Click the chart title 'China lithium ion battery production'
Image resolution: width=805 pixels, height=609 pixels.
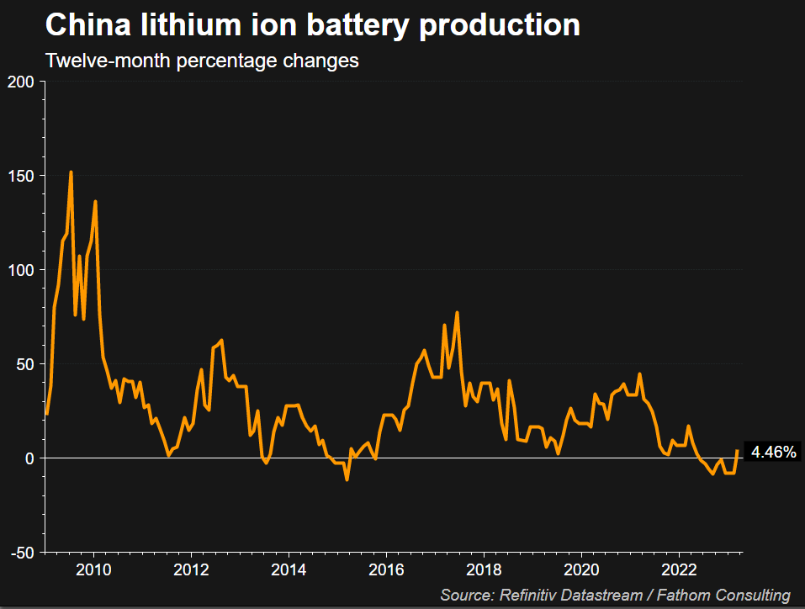click(x=312, y=25)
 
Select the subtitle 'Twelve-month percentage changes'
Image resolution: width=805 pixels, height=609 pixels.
click(x=202, y=61)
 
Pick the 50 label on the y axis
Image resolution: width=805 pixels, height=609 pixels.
click(x=25, y=364)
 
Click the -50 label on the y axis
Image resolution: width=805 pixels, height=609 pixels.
click(x=23, y=553)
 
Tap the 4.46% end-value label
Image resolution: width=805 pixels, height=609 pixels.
click(x=773, y=453)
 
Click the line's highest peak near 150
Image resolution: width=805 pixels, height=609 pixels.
click(x=71, y=172)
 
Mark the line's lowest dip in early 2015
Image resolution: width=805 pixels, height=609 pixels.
click(x=347, y=479)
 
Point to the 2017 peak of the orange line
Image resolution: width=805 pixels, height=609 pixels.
click(x=457, y=313)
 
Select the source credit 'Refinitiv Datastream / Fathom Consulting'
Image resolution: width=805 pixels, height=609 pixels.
click(x=615, y=596)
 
